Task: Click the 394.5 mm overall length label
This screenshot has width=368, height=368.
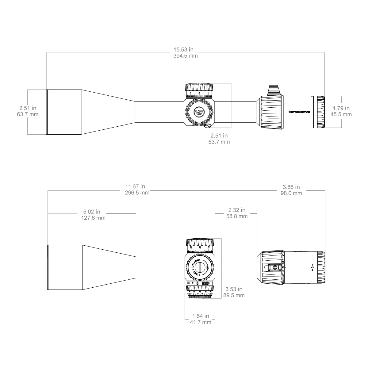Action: (185, 56)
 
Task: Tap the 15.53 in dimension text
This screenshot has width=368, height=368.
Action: (183, 49)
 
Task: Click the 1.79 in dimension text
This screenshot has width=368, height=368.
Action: (341, 108)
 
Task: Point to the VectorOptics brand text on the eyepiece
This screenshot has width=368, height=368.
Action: (299, 112)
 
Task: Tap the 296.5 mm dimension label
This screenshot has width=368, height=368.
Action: (137, 193)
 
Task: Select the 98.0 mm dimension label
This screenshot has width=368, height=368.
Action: (291, 193)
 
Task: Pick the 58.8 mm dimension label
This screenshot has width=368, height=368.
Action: (237, 217)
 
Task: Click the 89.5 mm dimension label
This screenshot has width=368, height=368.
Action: (235, 295)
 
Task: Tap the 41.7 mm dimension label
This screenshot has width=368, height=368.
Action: (201, 322)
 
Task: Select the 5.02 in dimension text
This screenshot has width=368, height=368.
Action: (92, 212)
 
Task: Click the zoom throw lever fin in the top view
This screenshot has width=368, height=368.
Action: (274, 90)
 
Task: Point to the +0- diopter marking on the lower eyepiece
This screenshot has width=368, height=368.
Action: (312, 267)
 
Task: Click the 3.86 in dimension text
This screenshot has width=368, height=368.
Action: (291, 187)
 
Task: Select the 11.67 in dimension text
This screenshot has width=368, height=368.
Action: (135, 186)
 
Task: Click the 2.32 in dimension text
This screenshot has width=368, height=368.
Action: (237, 210)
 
